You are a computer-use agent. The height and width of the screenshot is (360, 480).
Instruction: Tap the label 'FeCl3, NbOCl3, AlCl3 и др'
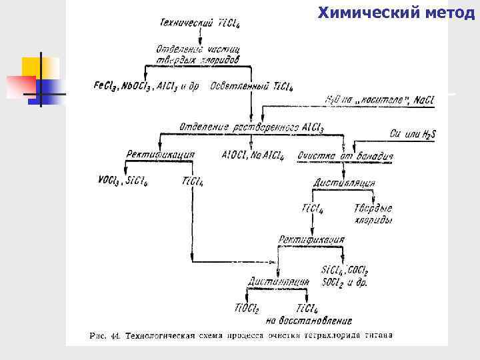pos(147,86)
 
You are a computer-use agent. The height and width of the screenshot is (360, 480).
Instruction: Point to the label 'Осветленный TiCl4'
pos(251,86)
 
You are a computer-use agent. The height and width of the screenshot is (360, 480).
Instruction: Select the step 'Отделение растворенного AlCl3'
pos(252,127)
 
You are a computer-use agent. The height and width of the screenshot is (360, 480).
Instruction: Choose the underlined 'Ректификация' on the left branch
pos(161,155)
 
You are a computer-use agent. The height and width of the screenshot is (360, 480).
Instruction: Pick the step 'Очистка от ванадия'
pos(346,156)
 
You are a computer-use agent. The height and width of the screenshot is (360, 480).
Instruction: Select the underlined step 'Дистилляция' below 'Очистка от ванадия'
pos(344,183)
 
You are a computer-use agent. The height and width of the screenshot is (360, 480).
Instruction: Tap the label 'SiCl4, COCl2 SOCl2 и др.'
pos(345,276)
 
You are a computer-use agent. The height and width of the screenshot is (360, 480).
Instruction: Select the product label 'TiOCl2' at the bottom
pos(247,308)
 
